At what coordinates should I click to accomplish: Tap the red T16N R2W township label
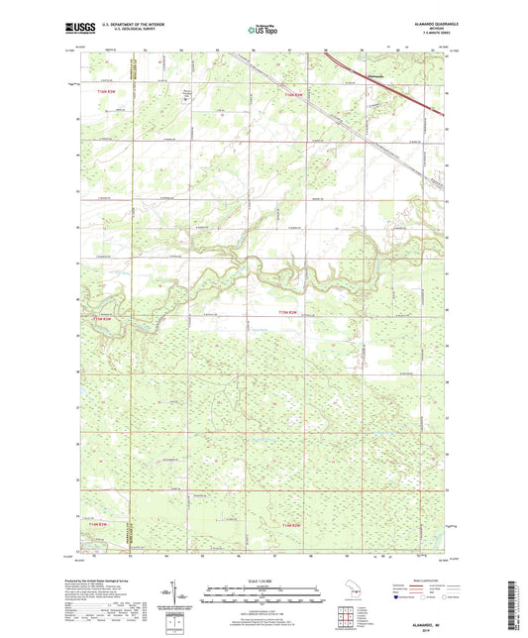(288, 93)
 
